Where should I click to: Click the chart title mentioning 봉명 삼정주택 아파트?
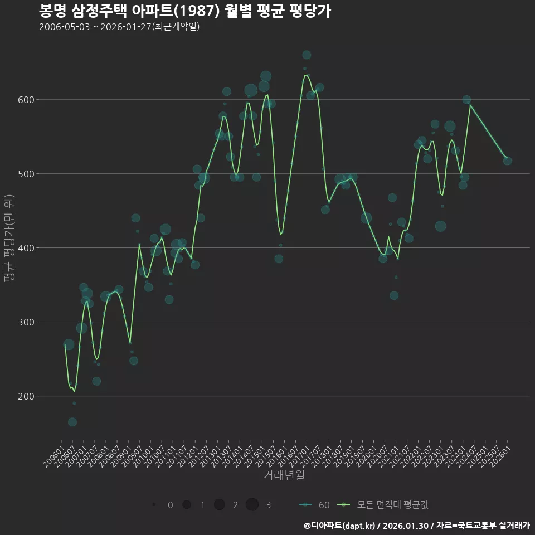coord(185,11)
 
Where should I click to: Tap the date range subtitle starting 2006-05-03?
coord(119,27)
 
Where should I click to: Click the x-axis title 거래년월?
coord(284,475)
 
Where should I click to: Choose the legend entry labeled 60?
coord(314,505)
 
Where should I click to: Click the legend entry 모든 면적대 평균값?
coord(385,505)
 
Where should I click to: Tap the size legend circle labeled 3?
coord(252,505)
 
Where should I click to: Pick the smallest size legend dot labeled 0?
coord(154,505)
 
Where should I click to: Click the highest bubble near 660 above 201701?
coord(307,55)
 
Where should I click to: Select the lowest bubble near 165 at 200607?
coord(72,422)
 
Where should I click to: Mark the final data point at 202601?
coord(508,160)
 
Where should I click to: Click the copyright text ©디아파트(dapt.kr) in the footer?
coord(340,526)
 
